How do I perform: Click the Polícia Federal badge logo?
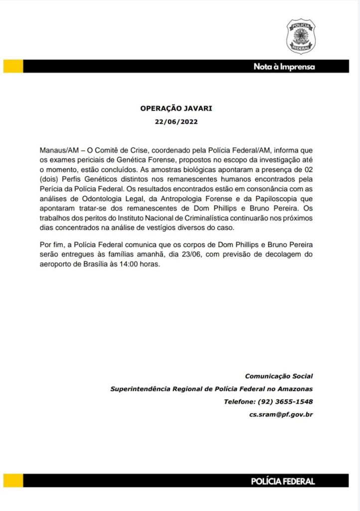301,36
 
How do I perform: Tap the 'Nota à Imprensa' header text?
284,67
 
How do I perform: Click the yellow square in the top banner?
13,66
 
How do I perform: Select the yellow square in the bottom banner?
13,481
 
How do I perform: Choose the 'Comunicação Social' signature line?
279,376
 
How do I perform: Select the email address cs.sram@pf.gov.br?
281,415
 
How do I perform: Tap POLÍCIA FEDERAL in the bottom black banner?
283,481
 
